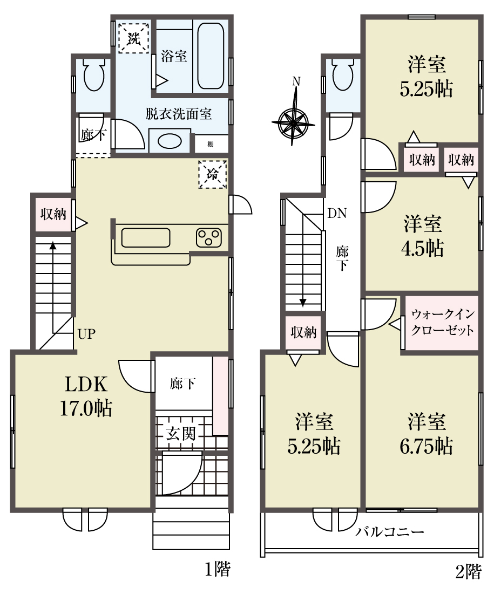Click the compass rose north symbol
point(293,121)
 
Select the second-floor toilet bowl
point(342,74)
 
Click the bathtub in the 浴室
point(211,56)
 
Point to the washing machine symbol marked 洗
point(133,38)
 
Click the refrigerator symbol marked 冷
point(213,174)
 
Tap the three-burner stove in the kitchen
point(208,237)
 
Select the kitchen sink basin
point(145,238)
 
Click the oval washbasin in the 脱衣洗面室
point(170,141)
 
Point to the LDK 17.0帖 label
point(86,396)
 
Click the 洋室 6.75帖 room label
point(426,434)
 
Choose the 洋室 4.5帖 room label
point(422,236)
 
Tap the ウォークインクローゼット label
point(443,322)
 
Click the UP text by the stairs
point(86,334)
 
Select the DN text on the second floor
point(337,214)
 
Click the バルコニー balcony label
point(389,532)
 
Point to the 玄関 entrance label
point(181,433)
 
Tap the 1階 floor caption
point(218,569)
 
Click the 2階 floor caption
point(468,571)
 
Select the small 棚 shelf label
point(210,144)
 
